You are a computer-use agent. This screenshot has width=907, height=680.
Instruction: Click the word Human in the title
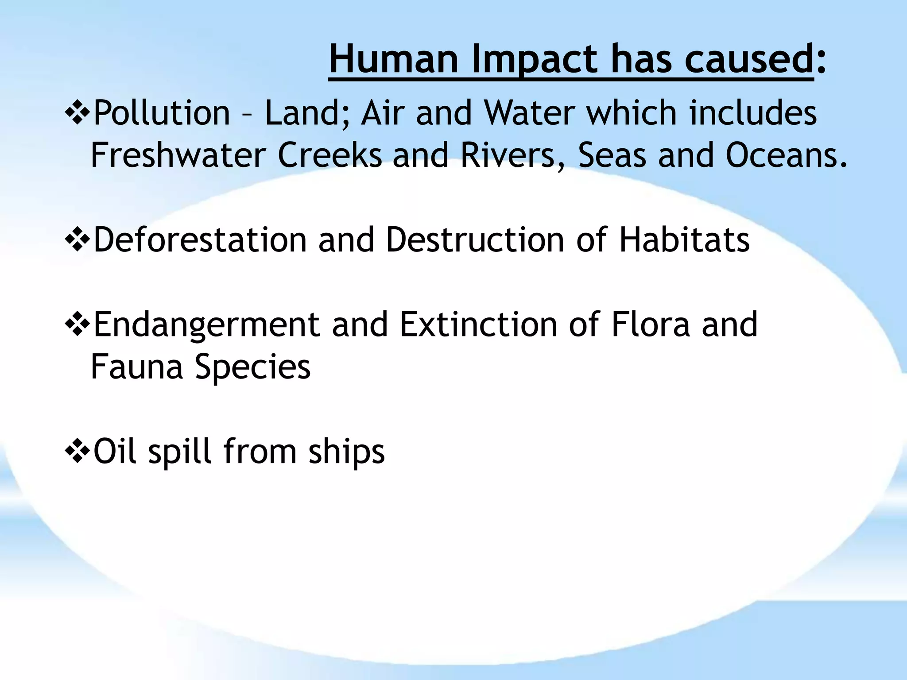tap(394, 59)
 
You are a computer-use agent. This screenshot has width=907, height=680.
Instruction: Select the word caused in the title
tap(748, 59)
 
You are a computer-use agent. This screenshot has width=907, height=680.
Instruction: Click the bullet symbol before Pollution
tap(78, 113)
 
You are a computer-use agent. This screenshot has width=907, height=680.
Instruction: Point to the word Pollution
tap(162, 113)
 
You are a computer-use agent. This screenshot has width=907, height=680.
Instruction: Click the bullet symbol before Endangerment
tap(78, 325)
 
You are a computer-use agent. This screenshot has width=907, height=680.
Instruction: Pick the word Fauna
tap(136, 367)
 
